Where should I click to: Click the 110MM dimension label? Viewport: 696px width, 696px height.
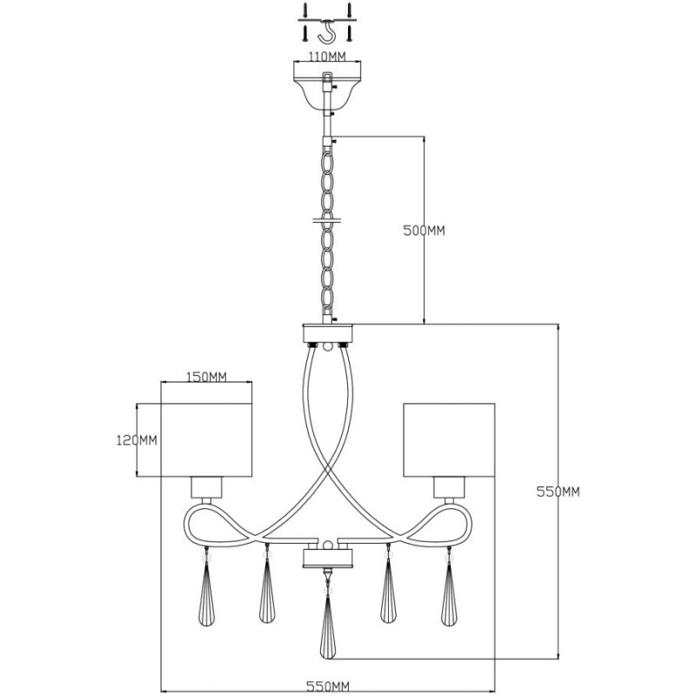[327, 57]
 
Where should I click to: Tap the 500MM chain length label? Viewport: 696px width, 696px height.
[424, 231]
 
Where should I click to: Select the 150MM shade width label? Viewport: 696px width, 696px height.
[206, 377]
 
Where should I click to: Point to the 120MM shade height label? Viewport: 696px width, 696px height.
[137, 440]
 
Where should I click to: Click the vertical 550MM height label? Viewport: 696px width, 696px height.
[558, 492]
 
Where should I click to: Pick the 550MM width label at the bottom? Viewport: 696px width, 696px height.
[328, 686]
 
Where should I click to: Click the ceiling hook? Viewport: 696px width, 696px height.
[326, 33]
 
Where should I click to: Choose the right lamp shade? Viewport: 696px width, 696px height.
[449, 440]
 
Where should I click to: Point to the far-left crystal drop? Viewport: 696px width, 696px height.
[206, 592]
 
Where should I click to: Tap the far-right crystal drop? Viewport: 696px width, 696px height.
[449, 592]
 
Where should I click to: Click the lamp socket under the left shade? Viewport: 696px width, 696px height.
[206, 487]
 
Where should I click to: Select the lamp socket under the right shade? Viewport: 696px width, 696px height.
[449, 487]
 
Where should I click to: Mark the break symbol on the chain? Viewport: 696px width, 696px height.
[328, 220]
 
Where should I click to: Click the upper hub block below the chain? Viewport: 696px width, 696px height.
[328, 333]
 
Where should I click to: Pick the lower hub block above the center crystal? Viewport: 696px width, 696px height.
[328, 559]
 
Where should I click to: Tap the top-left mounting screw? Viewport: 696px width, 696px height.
[305, 10]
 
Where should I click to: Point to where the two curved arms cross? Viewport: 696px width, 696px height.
[328, 467]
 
